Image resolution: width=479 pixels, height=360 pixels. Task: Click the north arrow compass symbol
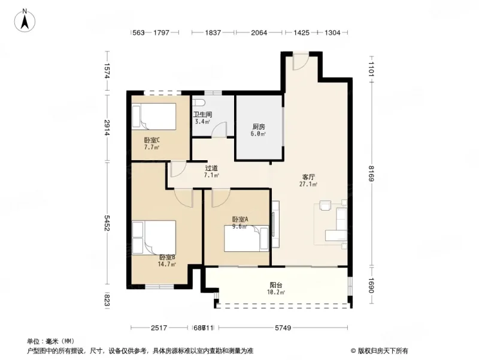tap(25, 20)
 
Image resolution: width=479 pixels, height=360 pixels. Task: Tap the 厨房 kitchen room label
tap(259, 127)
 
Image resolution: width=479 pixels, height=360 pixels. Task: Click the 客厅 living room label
tap(308, 177)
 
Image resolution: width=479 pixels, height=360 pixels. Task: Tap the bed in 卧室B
tap(154, 237)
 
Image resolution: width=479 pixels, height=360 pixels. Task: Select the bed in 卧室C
tap(154, 116)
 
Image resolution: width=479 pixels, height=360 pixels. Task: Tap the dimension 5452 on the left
tap(107, 223)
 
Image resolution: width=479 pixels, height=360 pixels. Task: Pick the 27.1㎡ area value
tap(309, 185)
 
